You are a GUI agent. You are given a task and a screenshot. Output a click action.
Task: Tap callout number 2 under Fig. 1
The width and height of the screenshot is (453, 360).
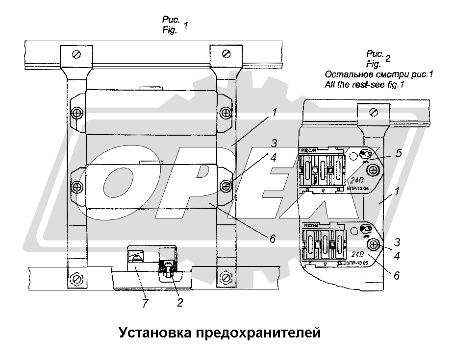point(179,303)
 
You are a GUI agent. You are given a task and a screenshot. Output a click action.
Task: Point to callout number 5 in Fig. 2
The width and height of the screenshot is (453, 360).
point(399,153)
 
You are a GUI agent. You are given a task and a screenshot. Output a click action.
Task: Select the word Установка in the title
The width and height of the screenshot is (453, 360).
point(153,333)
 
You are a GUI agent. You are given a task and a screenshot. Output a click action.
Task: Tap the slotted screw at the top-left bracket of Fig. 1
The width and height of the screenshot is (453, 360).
point(75,53)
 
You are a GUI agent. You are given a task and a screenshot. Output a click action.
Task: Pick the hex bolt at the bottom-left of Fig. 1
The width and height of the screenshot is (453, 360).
point(75,277)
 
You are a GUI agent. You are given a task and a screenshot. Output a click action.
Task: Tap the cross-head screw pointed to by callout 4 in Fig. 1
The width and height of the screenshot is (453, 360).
point(226,186)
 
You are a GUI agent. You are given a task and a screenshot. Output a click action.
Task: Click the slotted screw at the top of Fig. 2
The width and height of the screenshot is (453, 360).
point(373,113)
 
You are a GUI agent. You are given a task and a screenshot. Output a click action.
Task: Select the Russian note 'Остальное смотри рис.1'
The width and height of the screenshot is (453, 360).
point(379,74)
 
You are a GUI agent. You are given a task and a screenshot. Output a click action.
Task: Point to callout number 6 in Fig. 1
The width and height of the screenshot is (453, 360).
point(273,239)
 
